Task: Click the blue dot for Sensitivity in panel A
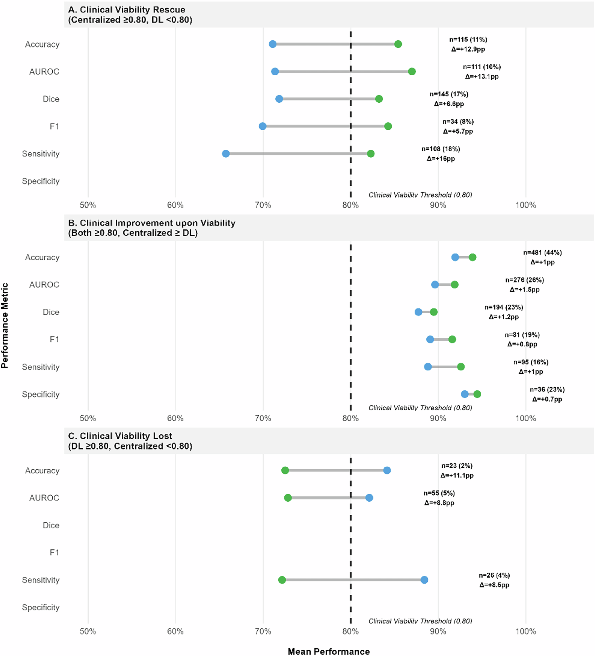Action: [x=226, y=154]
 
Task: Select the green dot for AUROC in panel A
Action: [x=412, y=71]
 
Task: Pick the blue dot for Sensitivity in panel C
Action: [x=424, y=580]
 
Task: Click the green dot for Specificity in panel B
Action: [x=477, y=394]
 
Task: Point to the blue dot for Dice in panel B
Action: [x=418, y=312]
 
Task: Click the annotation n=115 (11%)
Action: [x=468, y=39]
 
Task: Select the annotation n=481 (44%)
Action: [x=542, y=253]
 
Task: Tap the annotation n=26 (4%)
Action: [x=494, y=575]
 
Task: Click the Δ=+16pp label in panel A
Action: [x=441, y=159]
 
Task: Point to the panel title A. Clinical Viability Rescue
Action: [x=126, y=10]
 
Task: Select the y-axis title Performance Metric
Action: [x=5, y=325]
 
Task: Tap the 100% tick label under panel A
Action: [x=525, y=205]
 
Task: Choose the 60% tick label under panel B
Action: [x=175, y=418]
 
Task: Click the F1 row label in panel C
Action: [x=54, y=552]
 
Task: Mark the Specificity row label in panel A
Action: [x=41, y=181]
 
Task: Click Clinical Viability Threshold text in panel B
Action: [x=420, y=408]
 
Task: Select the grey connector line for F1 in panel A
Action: [x=325, y=126]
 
